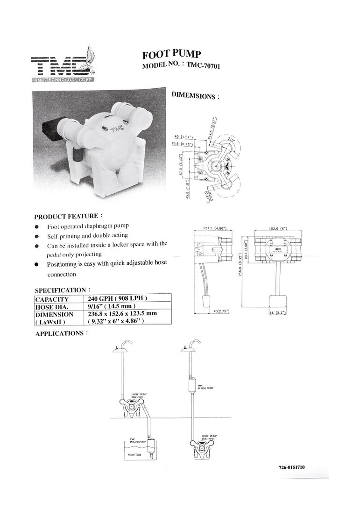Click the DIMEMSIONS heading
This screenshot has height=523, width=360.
pos(195,96)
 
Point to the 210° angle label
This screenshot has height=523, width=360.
pos(231,140)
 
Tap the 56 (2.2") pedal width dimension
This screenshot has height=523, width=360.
pos(280,312)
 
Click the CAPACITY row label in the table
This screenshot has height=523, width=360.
pos(52,299)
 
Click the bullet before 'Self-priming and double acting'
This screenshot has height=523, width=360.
pos(37,236)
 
